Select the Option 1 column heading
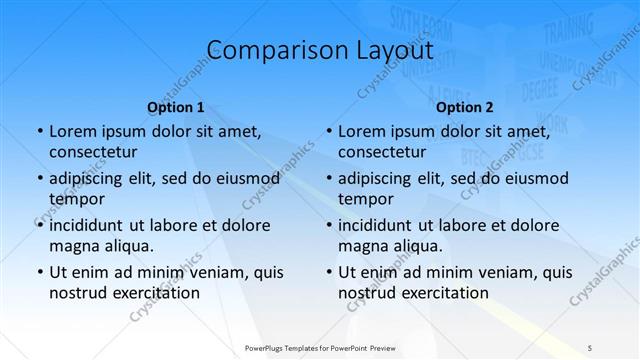tap(176, 107)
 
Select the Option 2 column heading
tap(465, 107)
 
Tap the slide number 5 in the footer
tap(590, 347)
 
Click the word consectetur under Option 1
tap(93, 152)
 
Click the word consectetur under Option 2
tap(383, 152)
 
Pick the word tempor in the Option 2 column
tap(366, 199)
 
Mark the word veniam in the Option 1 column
tap(216, 272)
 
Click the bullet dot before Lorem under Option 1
tap(39, 131)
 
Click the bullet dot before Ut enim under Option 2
tap(328, 272)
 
